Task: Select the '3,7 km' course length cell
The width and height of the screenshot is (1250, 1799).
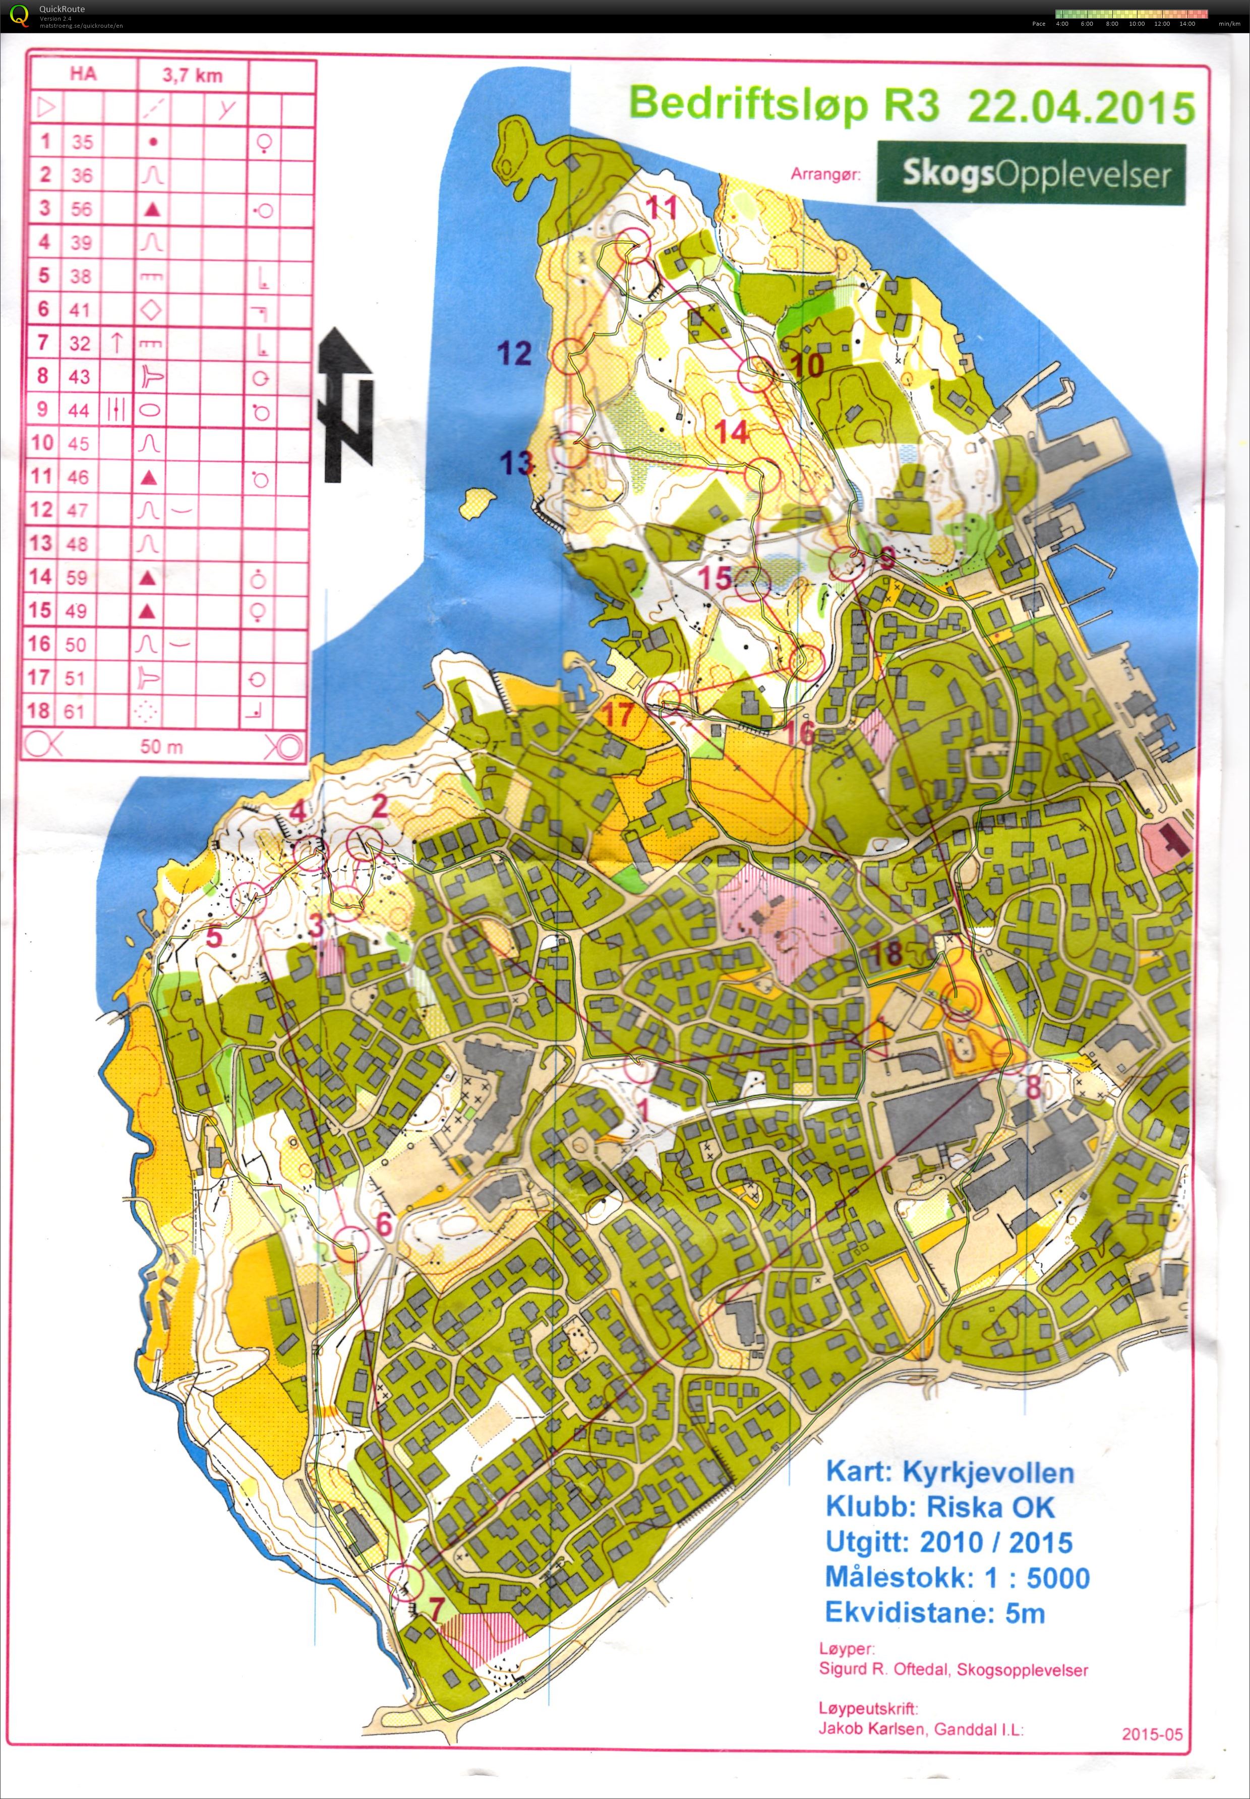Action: [x=192, y=75]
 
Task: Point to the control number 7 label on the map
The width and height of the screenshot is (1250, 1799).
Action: [x=436, y=1607]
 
